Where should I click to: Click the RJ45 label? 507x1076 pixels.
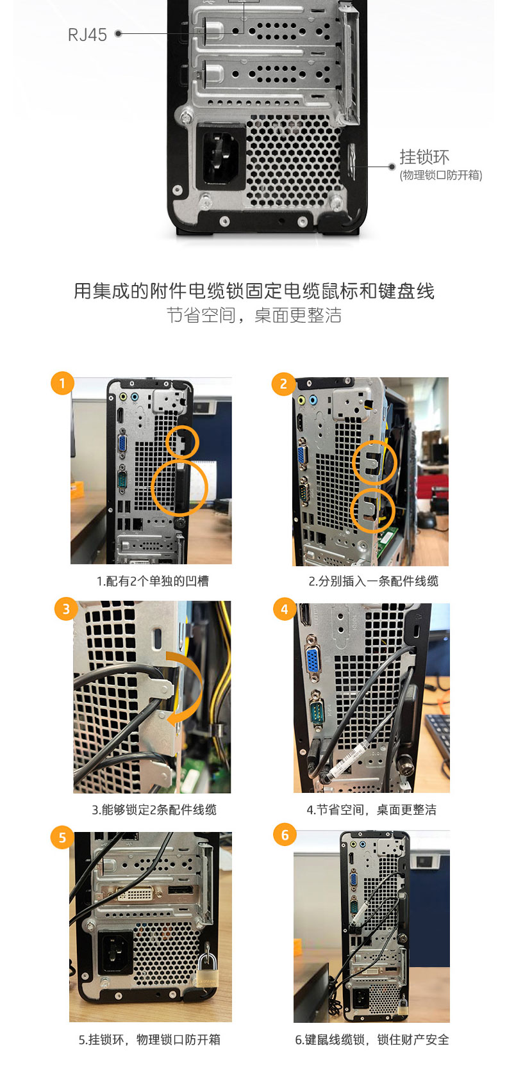click(x=87, y=35)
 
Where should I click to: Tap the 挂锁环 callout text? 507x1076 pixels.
click(x=424, y=157)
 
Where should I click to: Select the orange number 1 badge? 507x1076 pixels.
click(x=62, y=383)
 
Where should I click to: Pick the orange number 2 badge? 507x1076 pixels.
click(x=283, y=384)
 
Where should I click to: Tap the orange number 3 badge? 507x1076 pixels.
click(x=66, y=608)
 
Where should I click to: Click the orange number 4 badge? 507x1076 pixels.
click(x=285, y=608)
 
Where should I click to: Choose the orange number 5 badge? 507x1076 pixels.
click(x=62, y=837)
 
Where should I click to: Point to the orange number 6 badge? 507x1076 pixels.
click(x=285, y=835)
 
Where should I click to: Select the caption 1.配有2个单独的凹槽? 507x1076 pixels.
click(x=153, y=582)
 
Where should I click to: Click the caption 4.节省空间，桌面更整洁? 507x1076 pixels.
click(x=372, y=810)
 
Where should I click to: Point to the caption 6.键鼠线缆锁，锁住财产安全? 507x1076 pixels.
click(x=372, y=1040)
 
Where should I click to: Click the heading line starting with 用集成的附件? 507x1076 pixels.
click(x=254, y=291)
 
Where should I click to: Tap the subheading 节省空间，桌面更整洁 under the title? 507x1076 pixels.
click(x=254, y=316)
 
